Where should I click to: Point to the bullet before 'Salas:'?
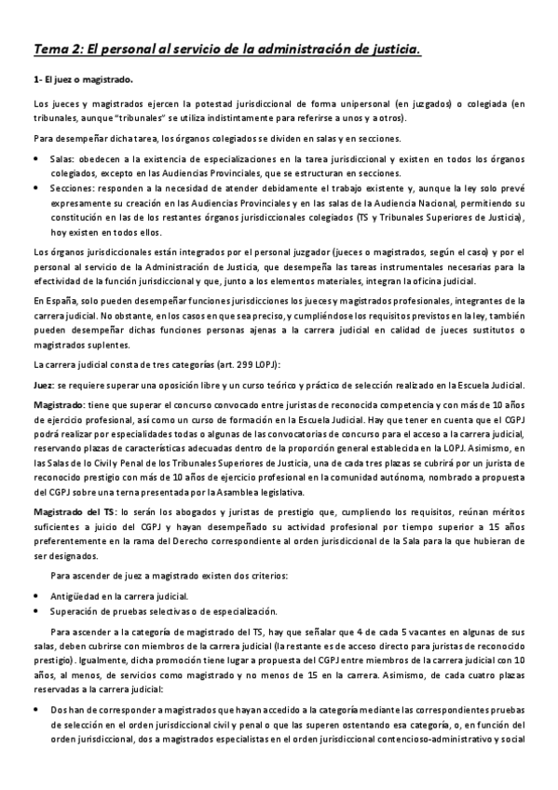point(36,159)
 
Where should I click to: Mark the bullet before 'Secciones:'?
point(36,187)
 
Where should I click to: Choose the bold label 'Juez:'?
point(43,386)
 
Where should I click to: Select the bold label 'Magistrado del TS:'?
point(74,512)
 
